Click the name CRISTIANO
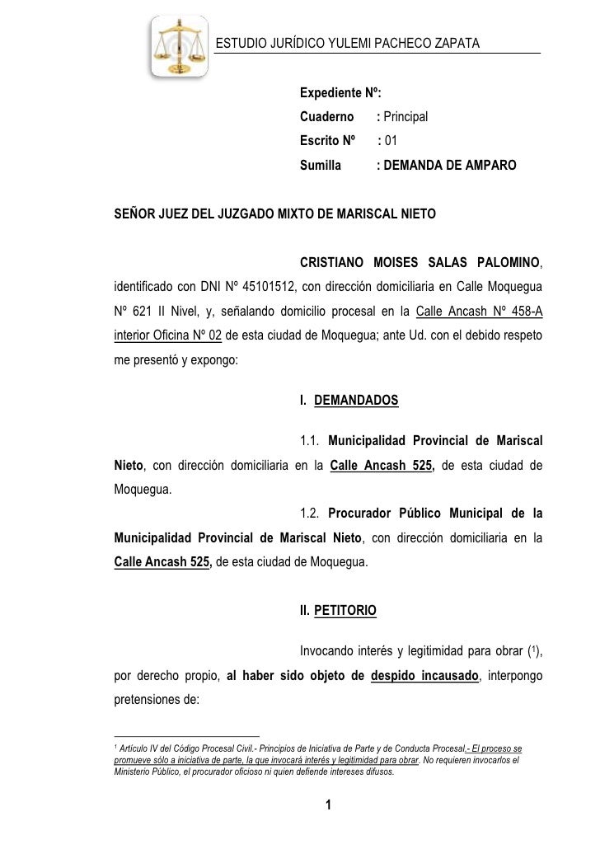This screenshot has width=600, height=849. (x=335, y=264)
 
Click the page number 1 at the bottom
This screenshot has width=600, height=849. (x=328, y=805)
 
